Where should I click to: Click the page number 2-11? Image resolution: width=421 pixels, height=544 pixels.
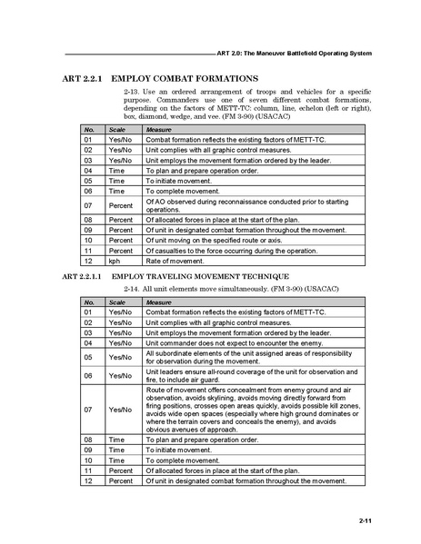coord(365,520)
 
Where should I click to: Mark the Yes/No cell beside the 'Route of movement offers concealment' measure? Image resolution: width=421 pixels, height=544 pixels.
coord(120,410)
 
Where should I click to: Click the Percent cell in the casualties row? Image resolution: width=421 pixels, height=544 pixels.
coord(120,250)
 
